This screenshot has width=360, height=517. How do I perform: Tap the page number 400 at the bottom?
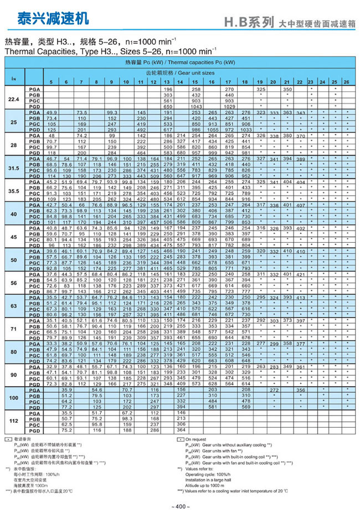coord(181,506)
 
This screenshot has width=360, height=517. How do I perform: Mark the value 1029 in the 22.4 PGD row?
coord(229,106)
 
